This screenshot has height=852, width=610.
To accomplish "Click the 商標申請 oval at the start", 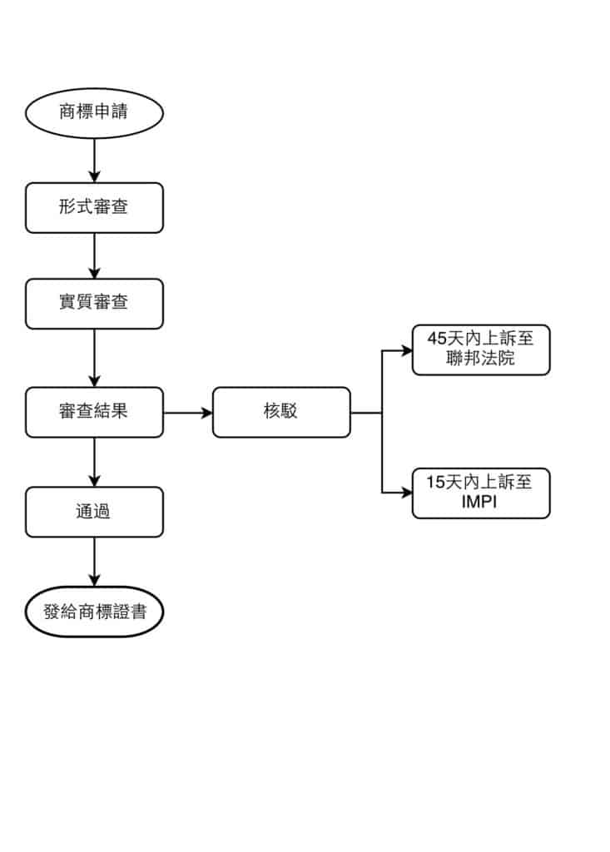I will (94, 111).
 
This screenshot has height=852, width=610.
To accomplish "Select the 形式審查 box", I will (94, 207).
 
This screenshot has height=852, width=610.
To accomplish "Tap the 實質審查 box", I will (94, 303).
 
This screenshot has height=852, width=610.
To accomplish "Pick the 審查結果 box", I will (94, 411).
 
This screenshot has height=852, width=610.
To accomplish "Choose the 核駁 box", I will (280, 411).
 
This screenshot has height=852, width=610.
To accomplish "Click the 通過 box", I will (94, 511).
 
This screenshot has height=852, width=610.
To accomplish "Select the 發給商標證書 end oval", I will (94, 612).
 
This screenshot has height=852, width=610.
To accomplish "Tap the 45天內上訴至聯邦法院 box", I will (481, 349).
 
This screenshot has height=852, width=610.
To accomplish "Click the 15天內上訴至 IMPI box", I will (481, 493).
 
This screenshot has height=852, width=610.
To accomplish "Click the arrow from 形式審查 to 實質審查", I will (94, 255).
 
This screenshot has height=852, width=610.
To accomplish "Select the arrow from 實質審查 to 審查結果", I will (94, 357).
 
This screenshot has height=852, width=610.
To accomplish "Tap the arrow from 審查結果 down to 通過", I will (94, 461).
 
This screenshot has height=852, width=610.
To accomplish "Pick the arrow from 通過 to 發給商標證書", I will (94, 562).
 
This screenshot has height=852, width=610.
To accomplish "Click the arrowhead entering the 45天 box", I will (407, 349).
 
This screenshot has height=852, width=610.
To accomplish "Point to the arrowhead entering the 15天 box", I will (407, 493).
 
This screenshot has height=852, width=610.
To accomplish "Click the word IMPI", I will (481, 502).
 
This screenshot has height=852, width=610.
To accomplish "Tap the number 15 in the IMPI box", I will (435, 483).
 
